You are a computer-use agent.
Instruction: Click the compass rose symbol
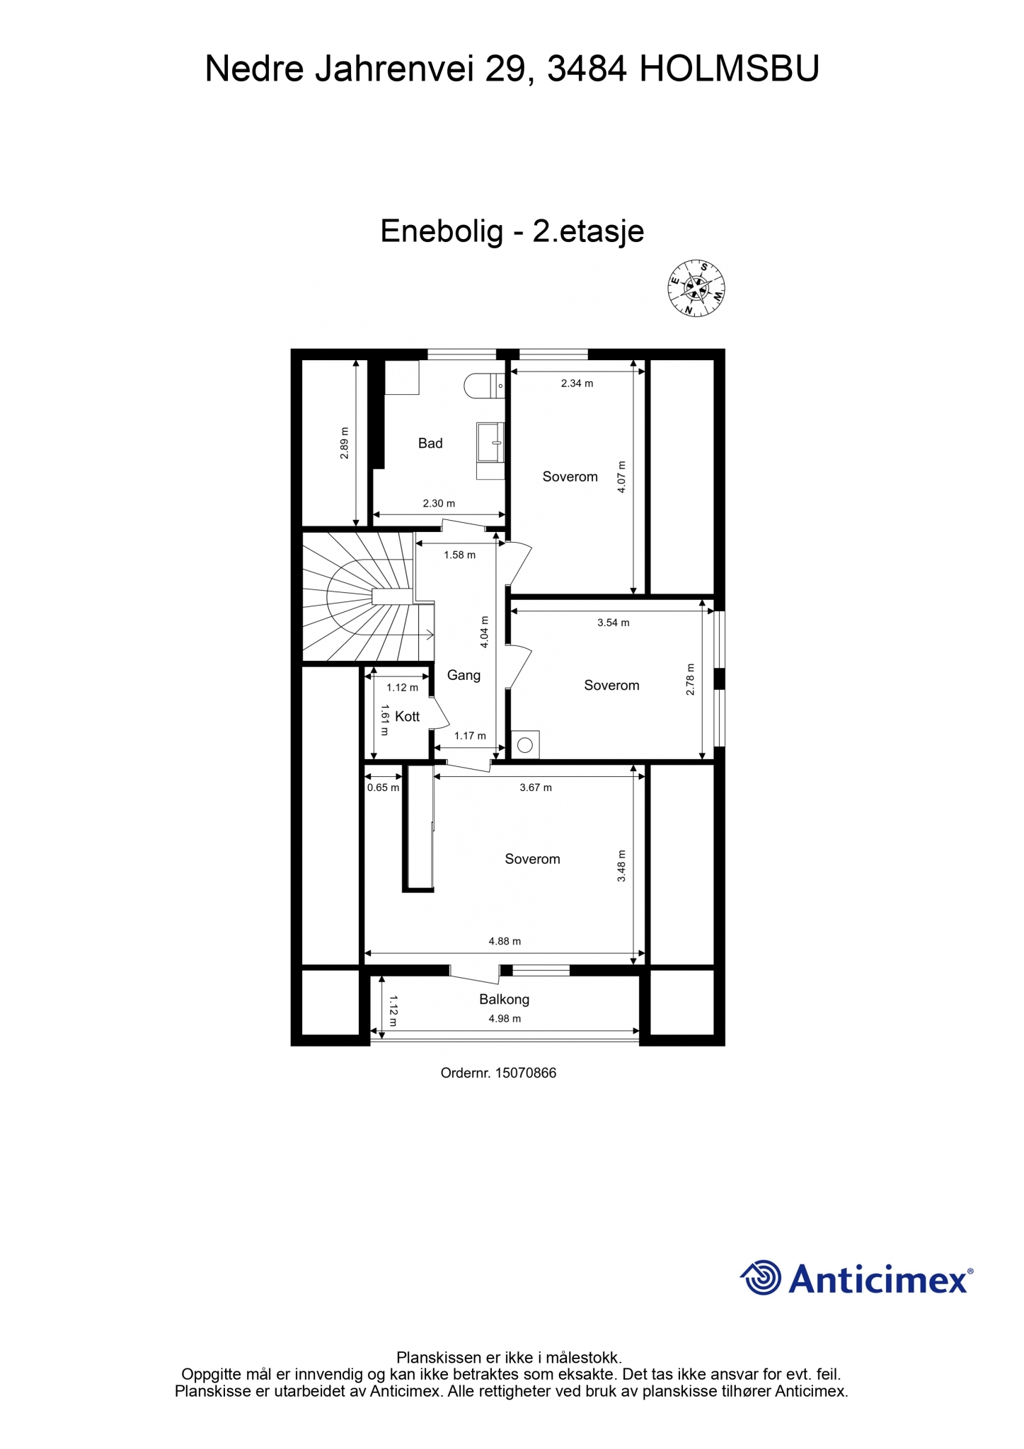coord(697,288)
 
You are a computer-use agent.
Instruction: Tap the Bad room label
coord(430,444)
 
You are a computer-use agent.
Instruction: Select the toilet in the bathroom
coord(484,386)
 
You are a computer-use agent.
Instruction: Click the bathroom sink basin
coord(490,442)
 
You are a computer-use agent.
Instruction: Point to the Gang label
coord(464,676)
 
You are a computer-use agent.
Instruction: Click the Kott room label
coord(408,717)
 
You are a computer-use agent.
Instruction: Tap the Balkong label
coord(505,999)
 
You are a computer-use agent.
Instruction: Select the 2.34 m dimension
coord(577,383)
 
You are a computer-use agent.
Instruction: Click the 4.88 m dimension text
coord(505,941)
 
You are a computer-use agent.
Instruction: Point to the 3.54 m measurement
coord(613,623)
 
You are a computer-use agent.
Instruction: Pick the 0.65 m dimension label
coord(383,787)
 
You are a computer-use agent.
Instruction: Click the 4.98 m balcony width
coord(505,1019)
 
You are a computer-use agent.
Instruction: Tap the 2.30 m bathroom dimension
coord(439,504)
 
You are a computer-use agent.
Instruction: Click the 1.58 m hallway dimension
coord(460,555)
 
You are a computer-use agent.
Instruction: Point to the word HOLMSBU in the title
coord(729,69)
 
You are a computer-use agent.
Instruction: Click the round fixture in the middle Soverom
coord(525,744)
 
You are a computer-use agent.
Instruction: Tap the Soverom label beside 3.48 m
coord(532,859)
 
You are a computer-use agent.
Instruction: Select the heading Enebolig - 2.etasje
coord(512,231)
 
